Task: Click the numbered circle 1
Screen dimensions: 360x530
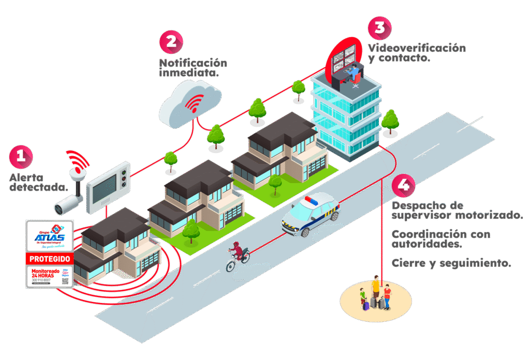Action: [21, 156]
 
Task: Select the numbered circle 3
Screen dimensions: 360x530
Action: [379, 27]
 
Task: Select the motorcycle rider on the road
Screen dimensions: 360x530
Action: [237, 254]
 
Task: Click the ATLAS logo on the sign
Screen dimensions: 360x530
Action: [50, 236]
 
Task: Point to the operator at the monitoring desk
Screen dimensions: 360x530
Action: [354, 73]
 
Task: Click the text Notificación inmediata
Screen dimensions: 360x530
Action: [193, 68]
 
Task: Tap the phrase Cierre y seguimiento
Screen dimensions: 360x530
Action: [451, 263]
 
